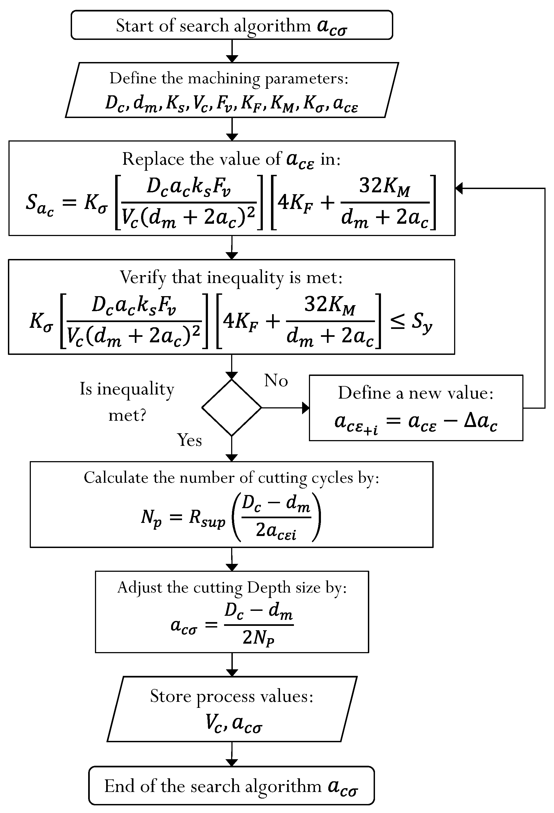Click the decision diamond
point(232,408)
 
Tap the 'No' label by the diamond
point(276,380)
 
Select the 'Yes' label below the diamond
point(189,440)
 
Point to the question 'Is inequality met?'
point(127,402)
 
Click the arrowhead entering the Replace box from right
point(459,188)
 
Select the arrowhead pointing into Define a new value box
point(305,408)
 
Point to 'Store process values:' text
point(232,696)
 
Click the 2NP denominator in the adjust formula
point(258,638)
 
